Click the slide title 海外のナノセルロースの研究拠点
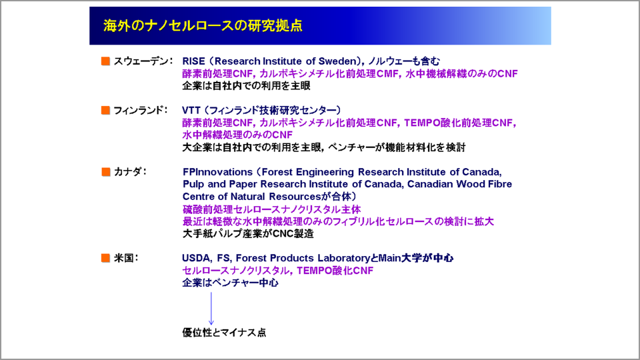[x=203, y=26]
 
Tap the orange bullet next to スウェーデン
[x=106, y=61]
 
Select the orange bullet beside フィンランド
[x=106, y=110]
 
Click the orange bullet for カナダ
[x=106, y=172]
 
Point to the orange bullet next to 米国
[x=106, y=258]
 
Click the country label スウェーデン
[x=141, y=61]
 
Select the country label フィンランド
[x=139, y=110]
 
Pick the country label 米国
[x=123, y=258]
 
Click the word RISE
[x=193, y=61]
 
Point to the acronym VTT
[x=191, y=110]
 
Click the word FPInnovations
[x=217, y=172]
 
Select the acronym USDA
[x=196, y=258]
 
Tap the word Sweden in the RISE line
[x=337, y=61]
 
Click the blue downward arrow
[x=211, y=309]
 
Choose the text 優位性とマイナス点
[x=224, y=332]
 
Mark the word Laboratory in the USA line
[x=344, y=258]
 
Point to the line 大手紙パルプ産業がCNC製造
[x=248, y=233]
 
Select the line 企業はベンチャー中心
[x=230, y=283]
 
